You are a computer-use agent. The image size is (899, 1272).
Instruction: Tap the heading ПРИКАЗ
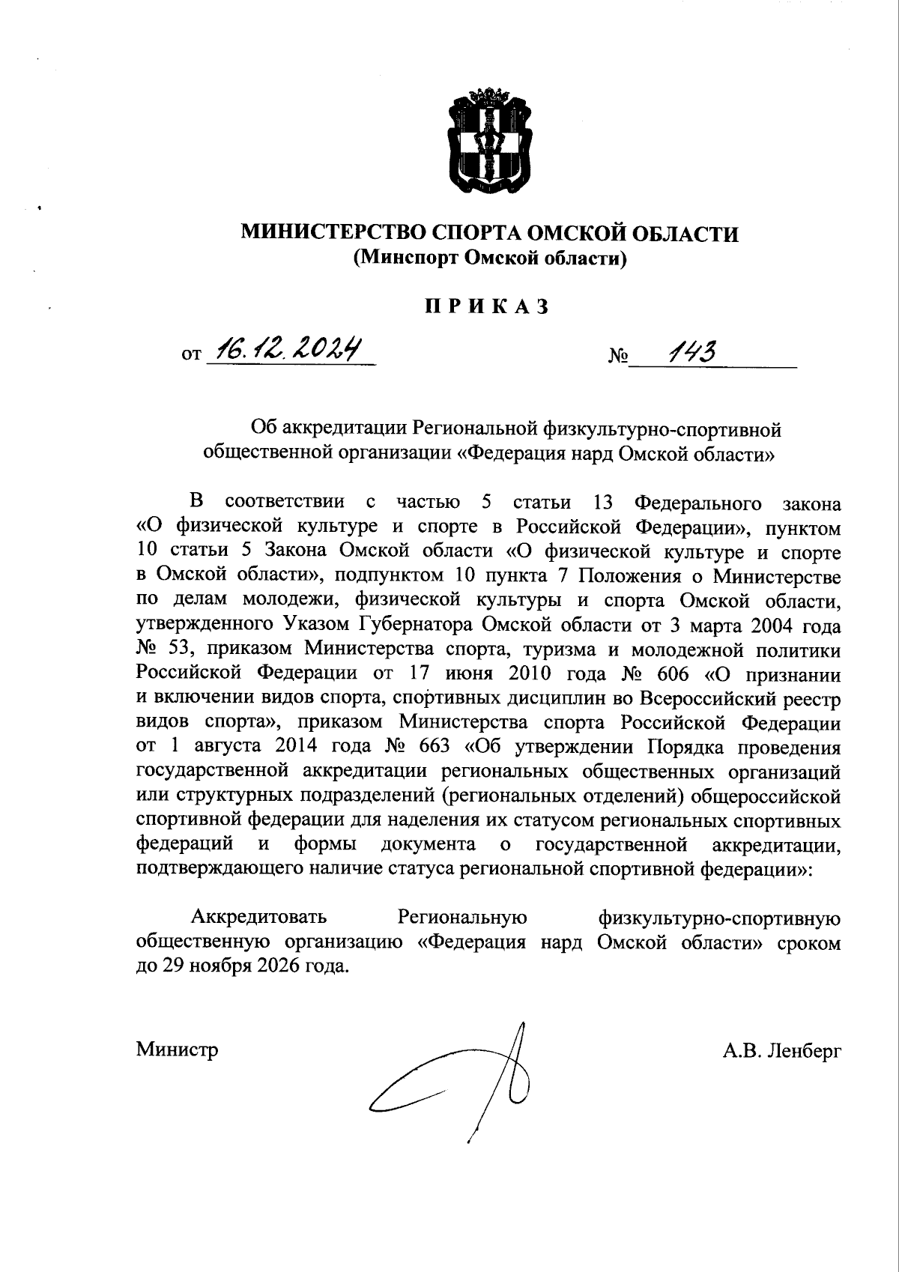487,307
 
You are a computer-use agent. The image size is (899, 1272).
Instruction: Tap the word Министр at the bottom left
178,1050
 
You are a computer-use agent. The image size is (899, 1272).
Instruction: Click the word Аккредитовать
259,917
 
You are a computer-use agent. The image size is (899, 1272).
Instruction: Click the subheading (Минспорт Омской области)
488,258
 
